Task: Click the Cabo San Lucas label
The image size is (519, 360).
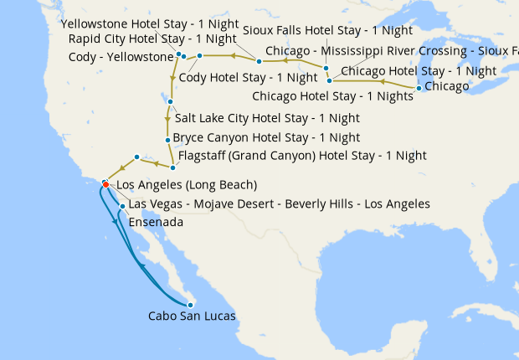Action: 192,316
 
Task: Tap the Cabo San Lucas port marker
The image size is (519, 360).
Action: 190,305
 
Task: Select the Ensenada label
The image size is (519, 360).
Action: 156,222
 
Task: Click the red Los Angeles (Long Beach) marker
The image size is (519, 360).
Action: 105,184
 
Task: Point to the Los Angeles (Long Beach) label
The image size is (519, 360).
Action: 186,185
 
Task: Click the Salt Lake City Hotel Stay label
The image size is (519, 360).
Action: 255,118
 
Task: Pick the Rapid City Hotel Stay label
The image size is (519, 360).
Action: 152,39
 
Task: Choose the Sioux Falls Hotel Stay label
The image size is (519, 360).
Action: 327,30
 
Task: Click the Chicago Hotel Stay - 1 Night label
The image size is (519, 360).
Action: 419,71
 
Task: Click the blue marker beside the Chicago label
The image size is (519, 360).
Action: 419,87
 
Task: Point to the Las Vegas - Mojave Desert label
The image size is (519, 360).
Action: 280,203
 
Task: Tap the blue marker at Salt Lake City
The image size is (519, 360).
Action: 170,102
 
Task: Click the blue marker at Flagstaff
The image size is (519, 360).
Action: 172,167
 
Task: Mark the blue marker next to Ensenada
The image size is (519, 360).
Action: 123,206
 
